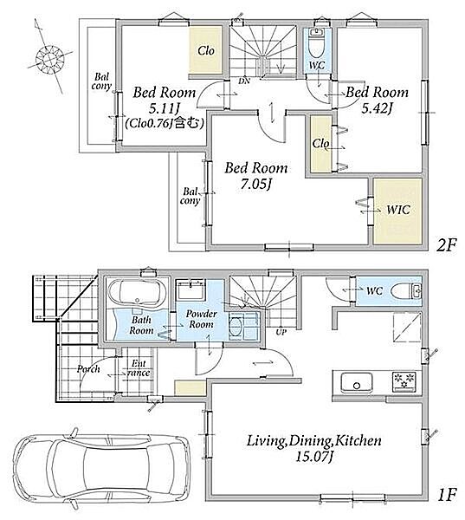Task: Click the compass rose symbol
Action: coord(49,59)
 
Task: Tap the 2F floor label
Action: coord(446,246)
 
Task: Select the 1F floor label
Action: coord(448,495)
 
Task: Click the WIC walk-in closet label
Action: coord(398,210)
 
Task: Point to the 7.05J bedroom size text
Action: coord(256,185)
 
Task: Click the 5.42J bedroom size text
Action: coord(377,108)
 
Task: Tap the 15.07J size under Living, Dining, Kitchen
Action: coord(313,457)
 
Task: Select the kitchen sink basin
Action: coord(357,382)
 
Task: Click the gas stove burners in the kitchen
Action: coord(404,381)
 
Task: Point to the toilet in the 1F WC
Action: coord(406,292)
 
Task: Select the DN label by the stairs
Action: coord(244,81)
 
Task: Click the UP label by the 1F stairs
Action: coord(281,332)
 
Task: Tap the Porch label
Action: coord(88,369)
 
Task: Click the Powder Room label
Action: coord(201,319)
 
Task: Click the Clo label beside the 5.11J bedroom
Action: coord(206,51)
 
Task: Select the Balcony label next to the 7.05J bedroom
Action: coord(191,197)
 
